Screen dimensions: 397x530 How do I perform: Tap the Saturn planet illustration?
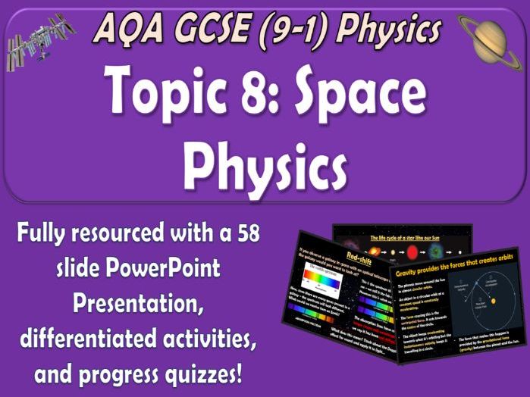click(491, 37)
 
